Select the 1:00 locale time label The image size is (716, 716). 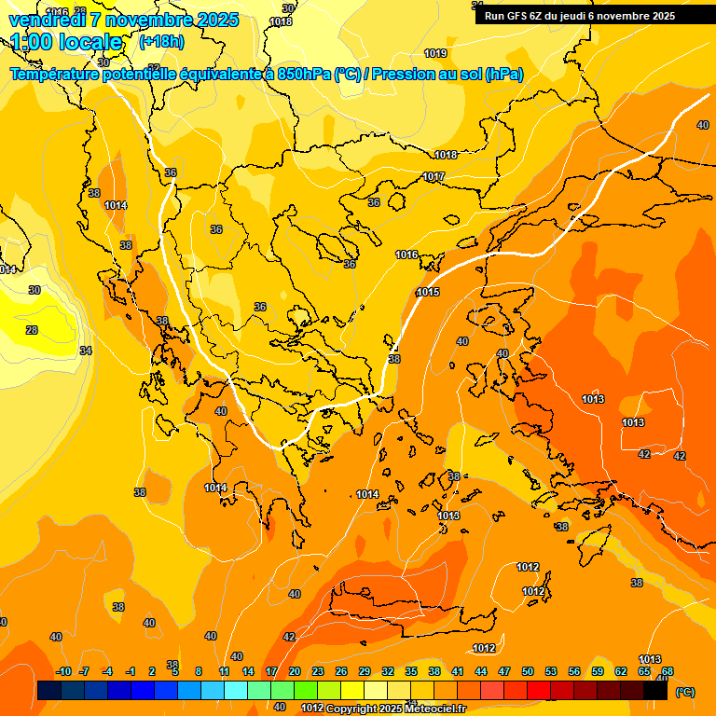pos(67,42)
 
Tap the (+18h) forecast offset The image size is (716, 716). pos(161,42)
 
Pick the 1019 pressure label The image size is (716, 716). pos(434,53)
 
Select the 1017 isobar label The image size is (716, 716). pos(434,176)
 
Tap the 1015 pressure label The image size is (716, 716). pos(428,292)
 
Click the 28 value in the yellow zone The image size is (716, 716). pos(31,330)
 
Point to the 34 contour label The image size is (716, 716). pos(85,351)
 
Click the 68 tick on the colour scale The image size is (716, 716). pos(668,671)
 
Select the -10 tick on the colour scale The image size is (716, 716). pos(63,671)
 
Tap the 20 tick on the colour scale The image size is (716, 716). pos(295,671)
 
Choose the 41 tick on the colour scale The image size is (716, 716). pos(458,671)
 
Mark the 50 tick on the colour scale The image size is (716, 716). pos(528,671)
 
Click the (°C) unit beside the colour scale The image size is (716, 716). pos(684,692)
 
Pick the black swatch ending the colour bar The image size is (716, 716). pos(655,691)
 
